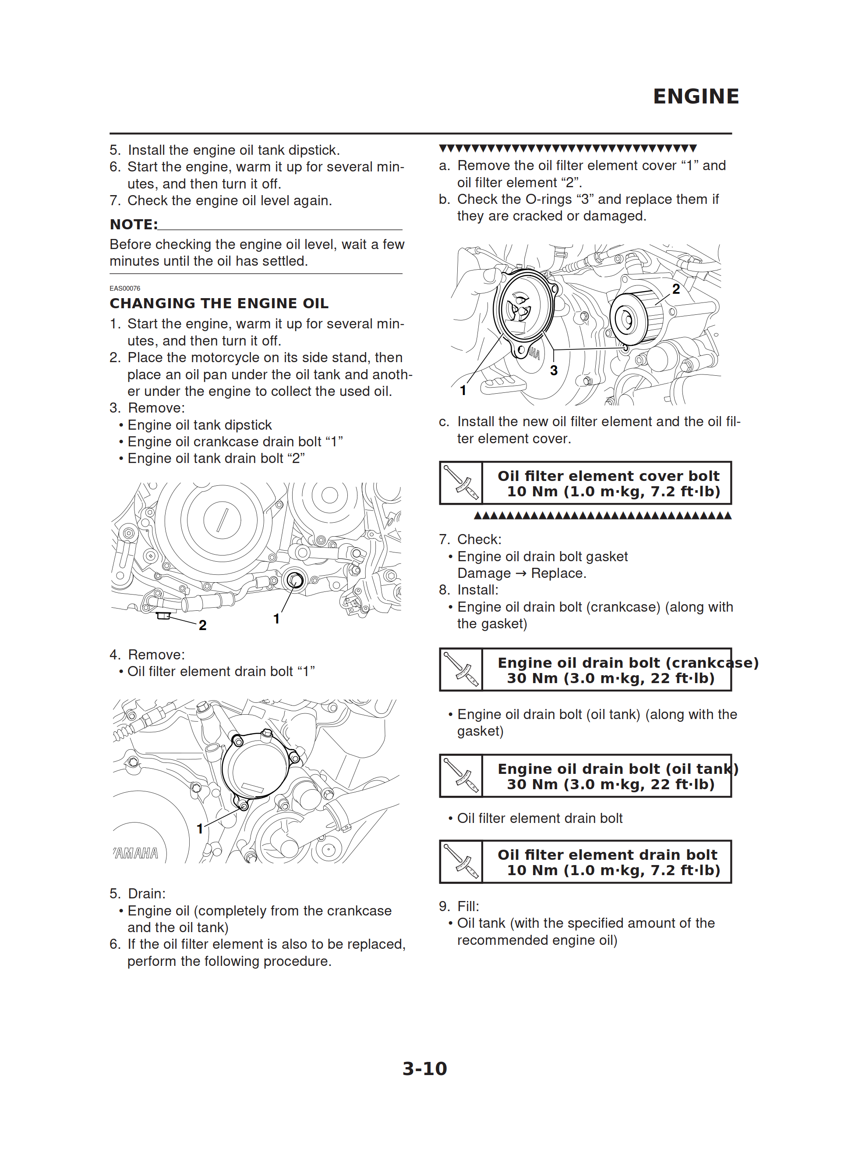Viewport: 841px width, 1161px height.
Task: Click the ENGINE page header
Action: tap(696, 96)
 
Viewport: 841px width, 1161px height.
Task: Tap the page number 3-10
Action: tap(424, 1068)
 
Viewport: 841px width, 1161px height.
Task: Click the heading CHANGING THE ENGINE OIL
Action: tap(219, 303)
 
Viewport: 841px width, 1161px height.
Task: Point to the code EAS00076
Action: tap(125, 288)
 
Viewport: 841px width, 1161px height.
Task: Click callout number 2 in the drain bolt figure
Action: tap(202, 625)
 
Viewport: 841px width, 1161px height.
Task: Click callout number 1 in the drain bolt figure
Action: tap(276, 619)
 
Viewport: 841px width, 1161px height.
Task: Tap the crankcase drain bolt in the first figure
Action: tap(295, 580)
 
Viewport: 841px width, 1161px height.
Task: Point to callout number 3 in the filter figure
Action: tap(554, 370)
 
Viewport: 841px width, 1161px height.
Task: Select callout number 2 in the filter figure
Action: tap(676, 289)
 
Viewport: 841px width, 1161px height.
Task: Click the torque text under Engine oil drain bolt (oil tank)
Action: tap(610, 784)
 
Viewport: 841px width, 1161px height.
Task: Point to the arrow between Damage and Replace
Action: tap(521, 573)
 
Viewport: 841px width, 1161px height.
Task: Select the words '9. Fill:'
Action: tap(459, 906)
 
